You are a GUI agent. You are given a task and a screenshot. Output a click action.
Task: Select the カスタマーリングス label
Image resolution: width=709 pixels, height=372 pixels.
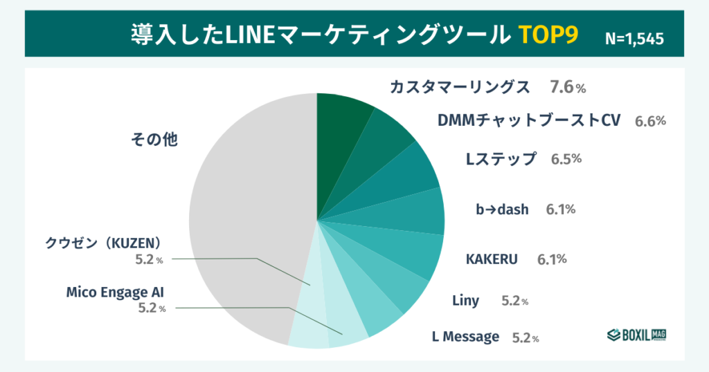460,87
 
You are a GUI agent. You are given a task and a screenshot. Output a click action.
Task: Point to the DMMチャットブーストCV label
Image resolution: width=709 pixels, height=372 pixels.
528,120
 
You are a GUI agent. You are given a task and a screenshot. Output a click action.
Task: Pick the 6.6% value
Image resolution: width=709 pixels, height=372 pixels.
650,121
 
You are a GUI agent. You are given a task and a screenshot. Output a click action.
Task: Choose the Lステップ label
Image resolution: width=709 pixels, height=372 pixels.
501,159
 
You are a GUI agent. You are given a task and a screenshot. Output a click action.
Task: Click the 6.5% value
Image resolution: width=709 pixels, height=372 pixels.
566,159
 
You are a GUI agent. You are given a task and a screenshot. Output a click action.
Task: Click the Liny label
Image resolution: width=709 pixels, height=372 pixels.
465,301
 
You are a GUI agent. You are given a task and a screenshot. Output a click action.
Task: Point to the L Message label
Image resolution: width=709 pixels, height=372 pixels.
465,337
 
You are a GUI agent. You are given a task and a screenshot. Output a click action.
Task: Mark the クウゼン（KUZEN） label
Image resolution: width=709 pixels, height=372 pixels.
103,243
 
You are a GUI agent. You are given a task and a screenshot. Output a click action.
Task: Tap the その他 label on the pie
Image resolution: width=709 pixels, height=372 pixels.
154,140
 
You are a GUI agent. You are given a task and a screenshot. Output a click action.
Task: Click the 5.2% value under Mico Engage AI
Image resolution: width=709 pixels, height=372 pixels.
152,308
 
